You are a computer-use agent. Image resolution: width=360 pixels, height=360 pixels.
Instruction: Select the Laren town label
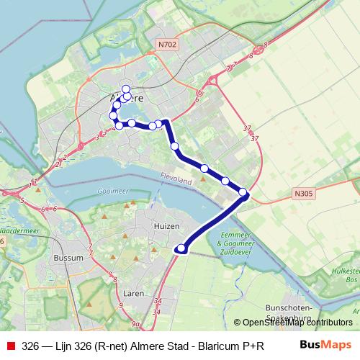[x=134, y=294]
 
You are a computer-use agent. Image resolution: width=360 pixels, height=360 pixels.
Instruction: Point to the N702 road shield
[x=167, y=44]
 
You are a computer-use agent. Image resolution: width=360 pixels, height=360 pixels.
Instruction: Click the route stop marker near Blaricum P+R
[x=181, y=249]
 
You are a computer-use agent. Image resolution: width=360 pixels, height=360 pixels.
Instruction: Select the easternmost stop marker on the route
[x=243, y=192]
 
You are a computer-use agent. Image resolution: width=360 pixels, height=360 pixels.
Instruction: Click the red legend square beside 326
[x=9, y=346]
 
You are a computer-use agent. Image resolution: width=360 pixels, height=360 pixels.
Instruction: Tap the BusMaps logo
[x=325, y=345]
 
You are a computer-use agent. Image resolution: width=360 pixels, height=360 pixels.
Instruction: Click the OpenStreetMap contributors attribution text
[x=297, y=323]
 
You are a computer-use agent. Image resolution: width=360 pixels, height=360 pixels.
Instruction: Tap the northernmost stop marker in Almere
[x=126, y=89]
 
